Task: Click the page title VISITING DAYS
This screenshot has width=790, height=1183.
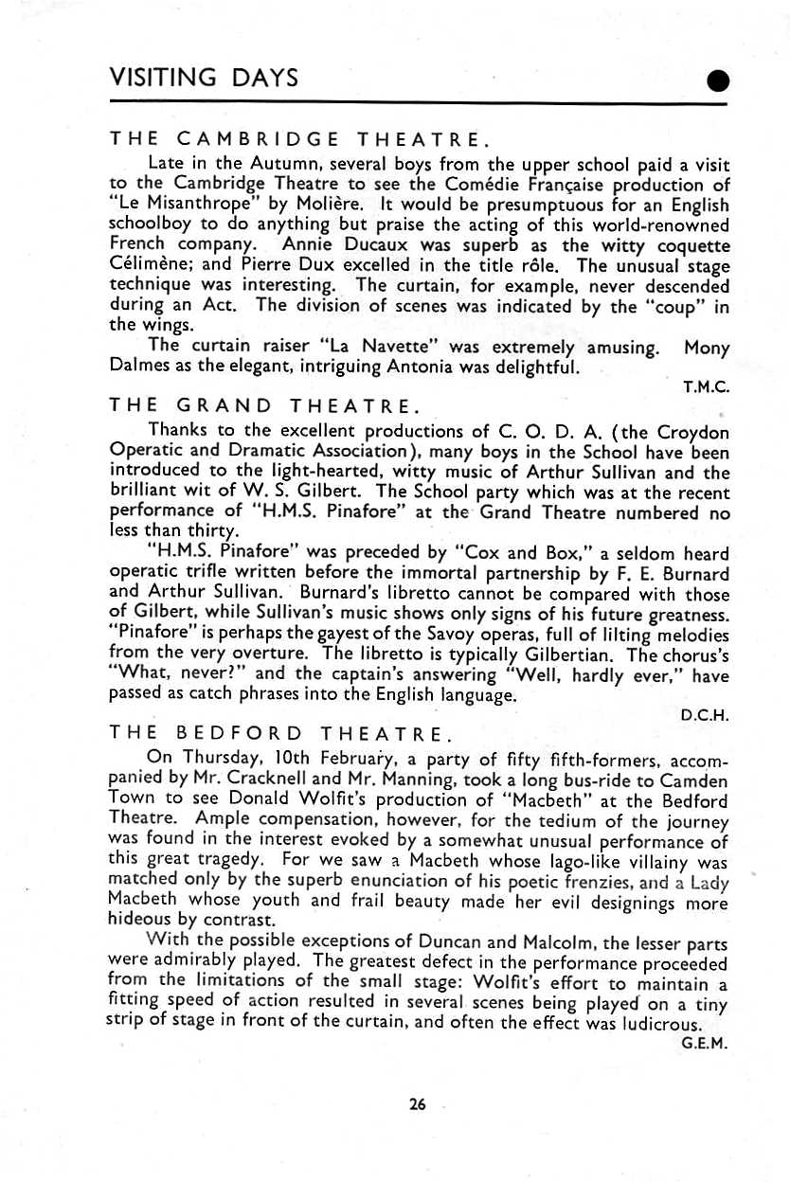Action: (204, 78)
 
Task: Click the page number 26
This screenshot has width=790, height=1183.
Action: (418, 1103)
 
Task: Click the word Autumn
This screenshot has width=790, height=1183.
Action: (259, 164)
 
